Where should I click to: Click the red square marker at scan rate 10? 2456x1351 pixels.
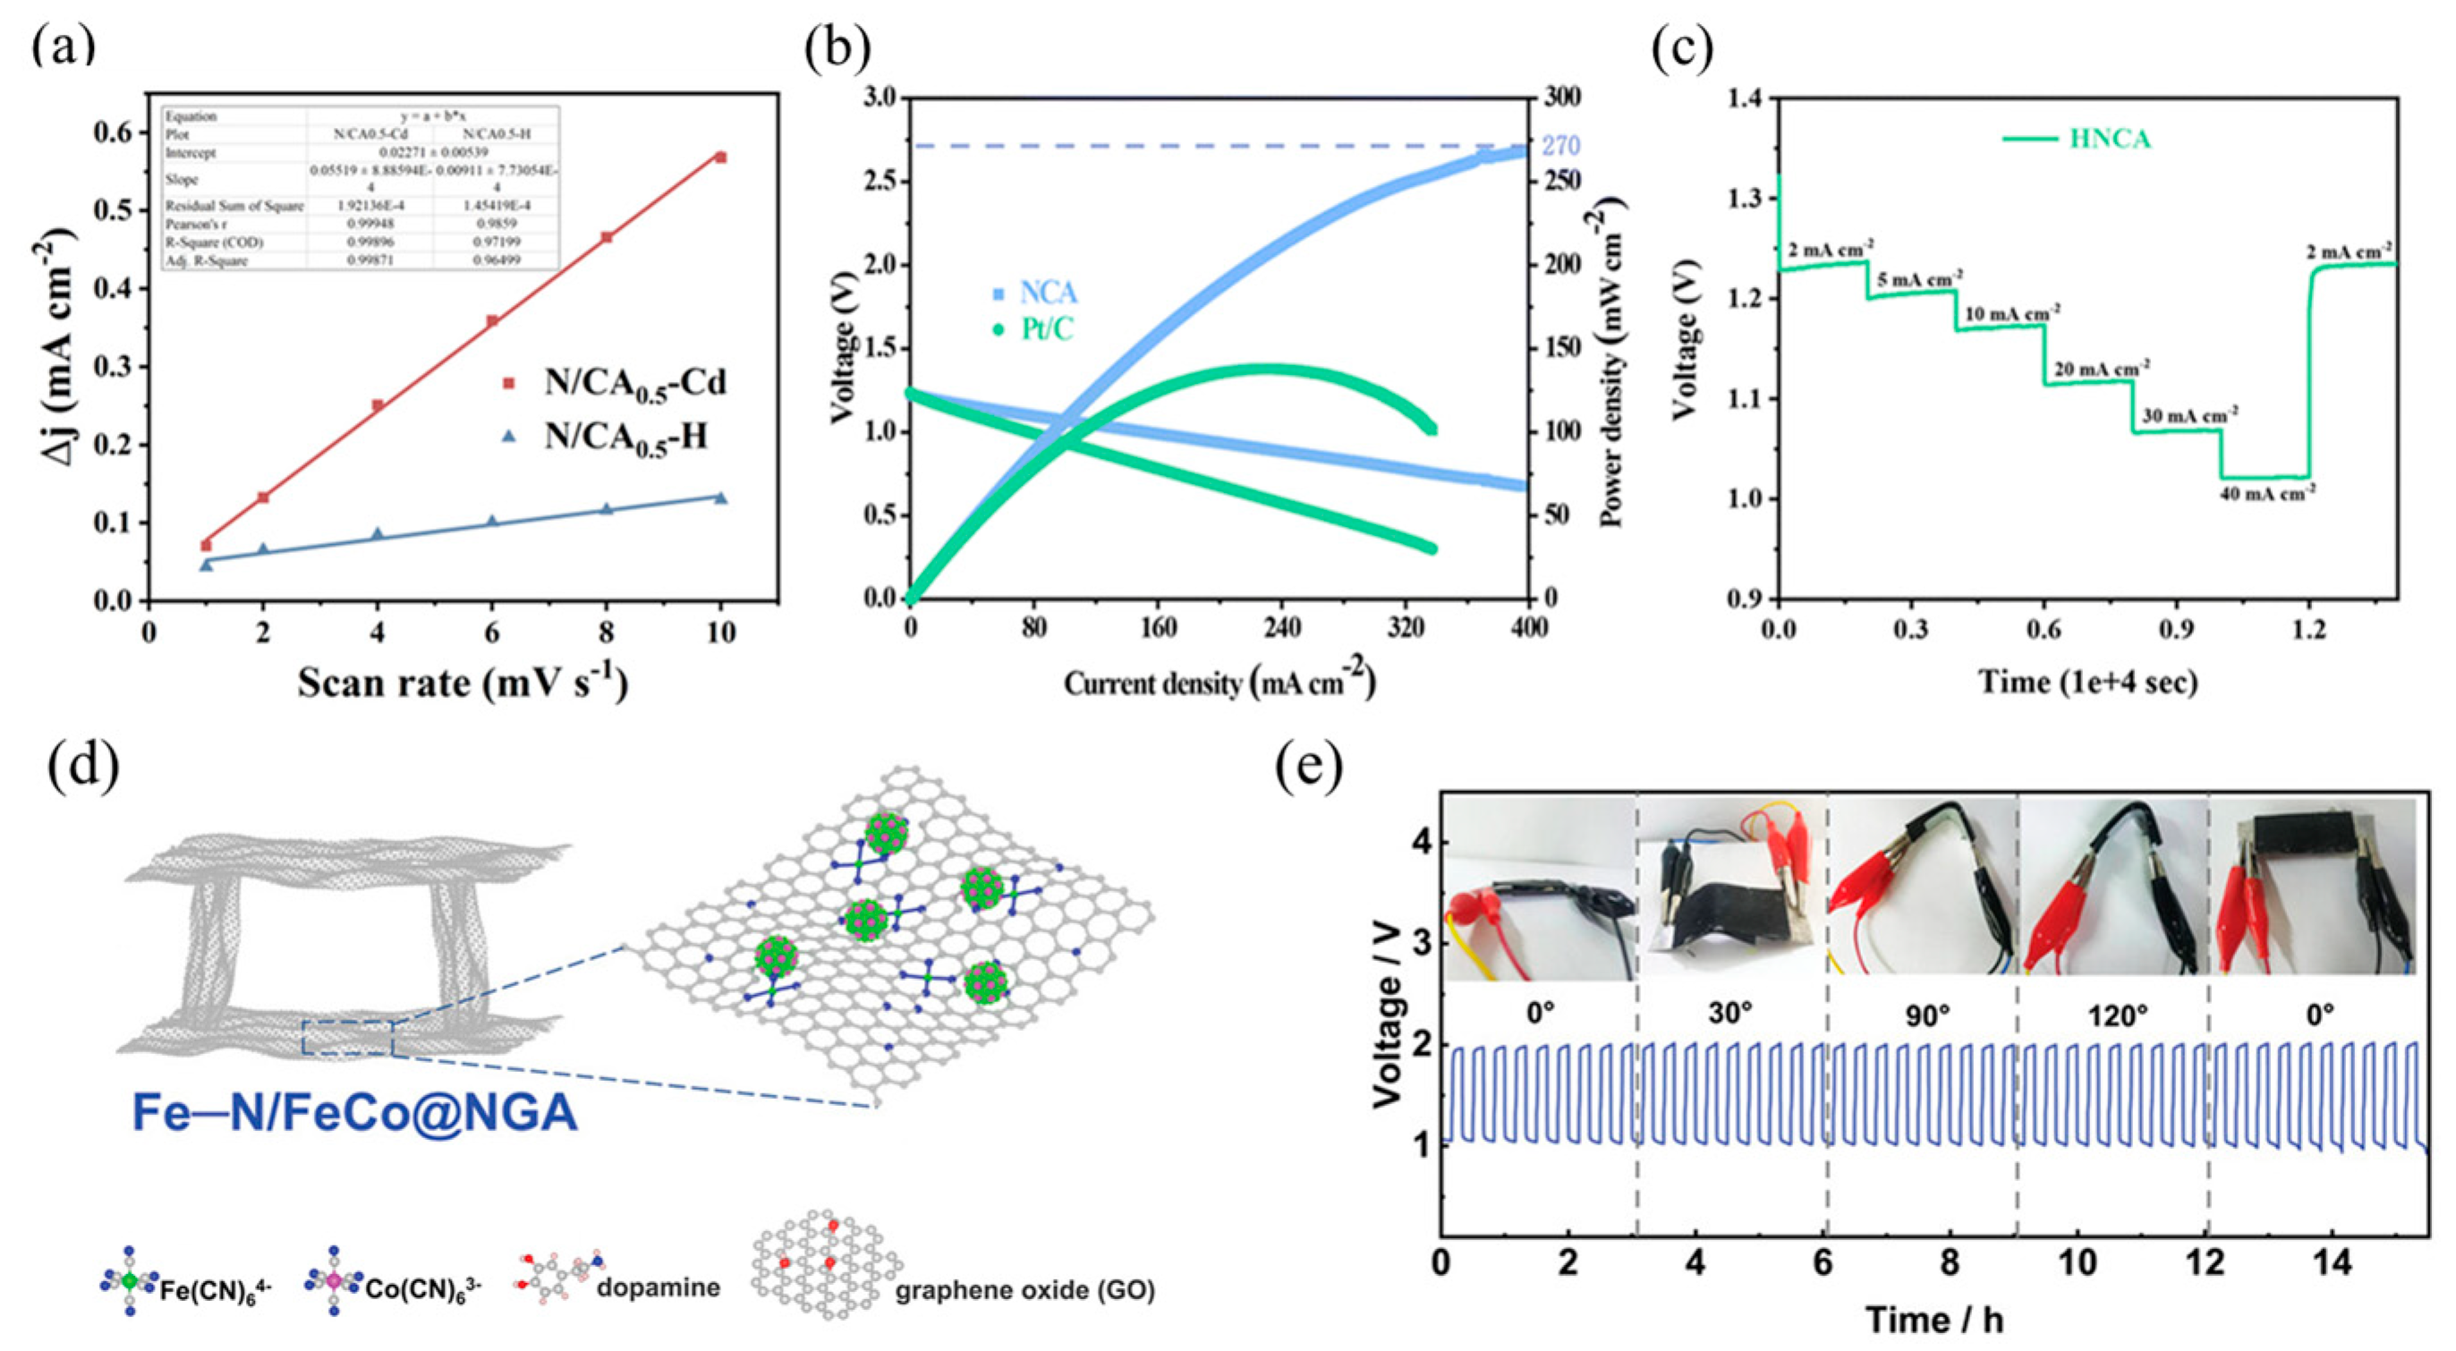click(x=721, y=157)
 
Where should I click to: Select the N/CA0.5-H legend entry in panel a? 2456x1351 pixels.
click(x=625, y=437)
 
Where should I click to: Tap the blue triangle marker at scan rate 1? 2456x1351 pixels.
click(x=206, y=565)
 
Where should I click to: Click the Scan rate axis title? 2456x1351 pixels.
click(x=463, y=683)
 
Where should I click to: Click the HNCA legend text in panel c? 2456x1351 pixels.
click(x=2109, y=140)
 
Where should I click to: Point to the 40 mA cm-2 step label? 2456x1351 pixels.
click(x=2267, y=494)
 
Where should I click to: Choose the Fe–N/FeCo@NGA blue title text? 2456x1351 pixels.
click(x=354, y=1113)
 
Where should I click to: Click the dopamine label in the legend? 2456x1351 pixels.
click(x=658, y=1287)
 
